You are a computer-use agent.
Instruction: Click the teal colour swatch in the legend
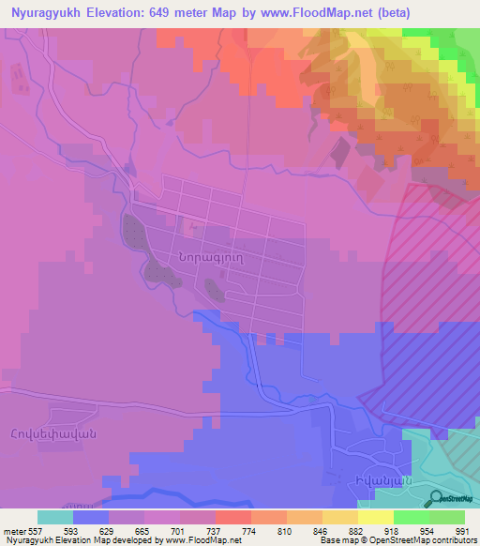pyautogui.click(x=54, y=517)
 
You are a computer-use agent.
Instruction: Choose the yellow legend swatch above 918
pyautogui.click(x=375, y=517)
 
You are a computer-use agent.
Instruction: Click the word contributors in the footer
pyautogui.click(x=452, y=540)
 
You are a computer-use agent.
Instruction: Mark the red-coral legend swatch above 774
pyautogui.click(x=232, y=517)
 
